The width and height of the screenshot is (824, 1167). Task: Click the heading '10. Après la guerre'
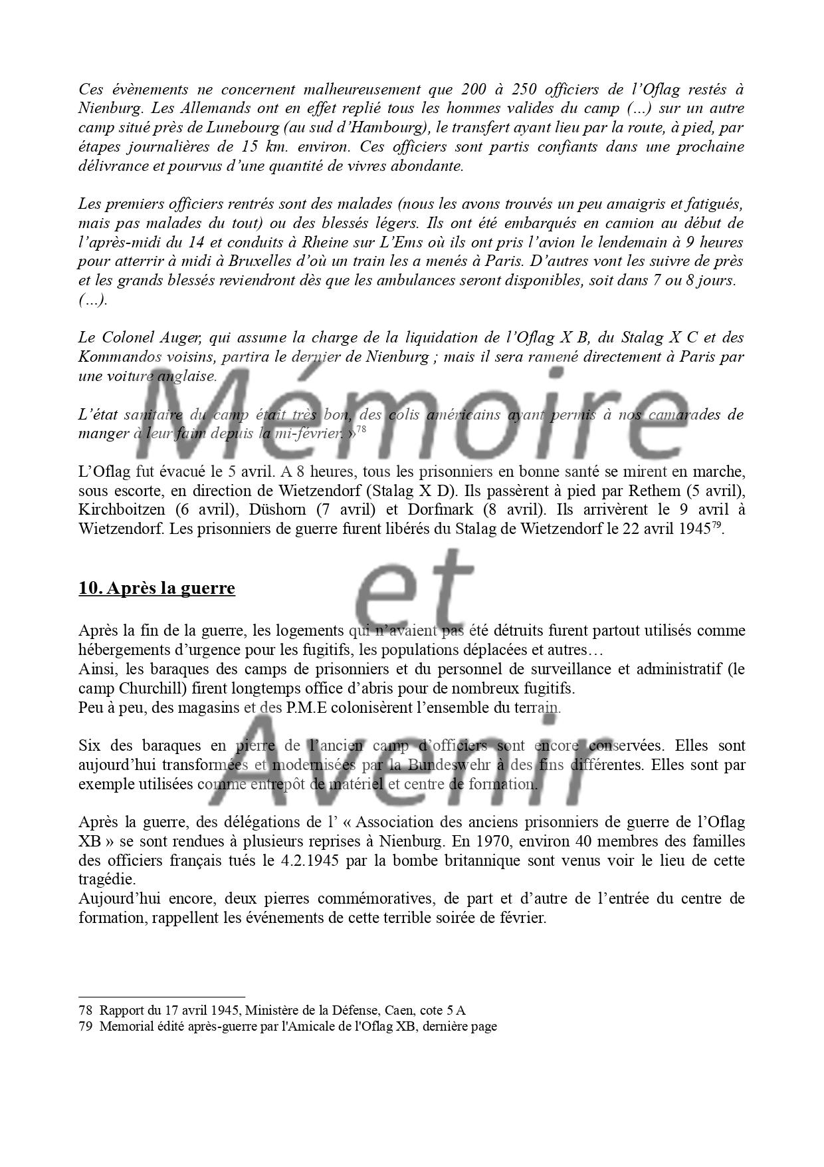(x=156, y=588)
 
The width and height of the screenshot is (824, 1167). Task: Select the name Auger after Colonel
(x=165, y=337)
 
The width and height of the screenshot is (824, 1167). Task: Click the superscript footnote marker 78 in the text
(x=361, y=430)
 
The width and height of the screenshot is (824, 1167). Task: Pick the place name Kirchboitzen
(x=120, y=510)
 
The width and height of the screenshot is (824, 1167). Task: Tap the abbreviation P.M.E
(x=308, y=707)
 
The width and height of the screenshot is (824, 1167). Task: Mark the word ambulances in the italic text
(x=438, y=280)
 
